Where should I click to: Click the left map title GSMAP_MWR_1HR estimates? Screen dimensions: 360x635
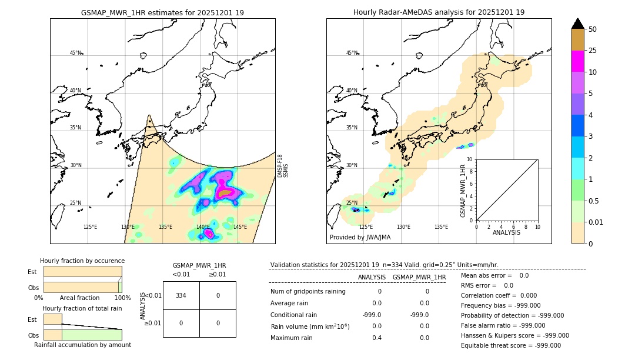click(162, 12)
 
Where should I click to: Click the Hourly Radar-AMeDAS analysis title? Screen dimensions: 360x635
click(439, 12)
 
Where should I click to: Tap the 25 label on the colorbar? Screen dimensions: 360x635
click(593, 51)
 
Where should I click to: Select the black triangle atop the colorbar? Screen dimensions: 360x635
click(578, 24)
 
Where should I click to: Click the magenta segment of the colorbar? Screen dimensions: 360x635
click(578, 61)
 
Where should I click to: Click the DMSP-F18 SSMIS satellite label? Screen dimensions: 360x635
click(283, 166)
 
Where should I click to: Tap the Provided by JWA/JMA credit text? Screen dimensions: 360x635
click(360, 238)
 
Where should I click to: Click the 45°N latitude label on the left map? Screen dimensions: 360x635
click(76, 53)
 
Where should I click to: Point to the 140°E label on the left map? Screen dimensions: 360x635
click(203, 227)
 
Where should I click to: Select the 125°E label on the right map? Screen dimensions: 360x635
click(366, 227)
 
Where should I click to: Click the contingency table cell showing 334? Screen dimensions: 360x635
click(181, 295)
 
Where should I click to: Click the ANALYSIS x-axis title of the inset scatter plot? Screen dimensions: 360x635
click(507, 233)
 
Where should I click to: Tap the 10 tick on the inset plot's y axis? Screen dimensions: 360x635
click(470, 159)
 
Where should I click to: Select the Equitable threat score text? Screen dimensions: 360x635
click(510, 346)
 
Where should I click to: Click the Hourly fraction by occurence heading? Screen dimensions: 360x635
click(82, 261)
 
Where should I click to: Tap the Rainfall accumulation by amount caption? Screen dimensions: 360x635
click(82, 345)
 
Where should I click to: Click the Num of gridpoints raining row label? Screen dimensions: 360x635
click(308, 292)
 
